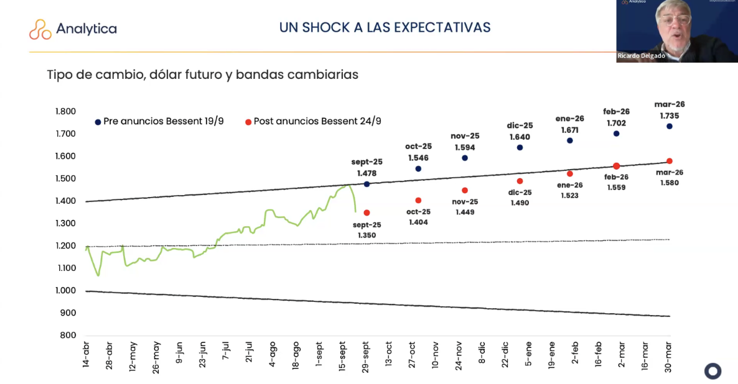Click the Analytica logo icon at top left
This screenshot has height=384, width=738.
tap(40, 29)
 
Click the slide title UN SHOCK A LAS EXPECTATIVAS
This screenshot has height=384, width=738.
tap(385, 27)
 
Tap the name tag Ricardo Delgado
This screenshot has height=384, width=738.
tap(641, 56)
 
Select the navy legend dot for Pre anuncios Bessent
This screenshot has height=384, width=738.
tap(98, 122)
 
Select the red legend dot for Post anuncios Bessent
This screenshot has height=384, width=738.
tap(248, 122)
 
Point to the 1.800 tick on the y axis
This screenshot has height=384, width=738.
tap(65, 112)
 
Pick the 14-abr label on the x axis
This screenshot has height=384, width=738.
tap(86, 355)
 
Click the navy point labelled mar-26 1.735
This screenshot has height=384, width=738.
tap(670, 126)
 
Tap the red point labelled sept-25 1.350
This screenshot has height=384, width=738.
tap(367, 213)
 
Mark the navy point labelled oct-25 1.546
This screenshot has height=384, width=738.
tap(418, 168)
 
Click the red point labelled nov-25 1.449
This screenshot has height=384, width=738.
tap(465, 190)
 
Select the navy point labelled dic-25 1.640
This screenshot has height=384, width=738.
tap(520, 147)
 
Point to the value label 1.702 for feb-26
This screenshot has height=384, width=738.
tap(616, 123)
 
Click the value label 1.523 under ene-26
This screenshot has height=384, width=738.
tap(569, 195)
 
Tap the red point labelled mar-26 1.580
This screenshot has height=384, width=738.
tap(670, 161)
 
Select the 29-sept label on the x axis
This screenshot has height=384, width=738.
tap(366, 357)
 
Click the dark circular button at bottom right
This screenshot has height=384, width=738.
tap(712, 371)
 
